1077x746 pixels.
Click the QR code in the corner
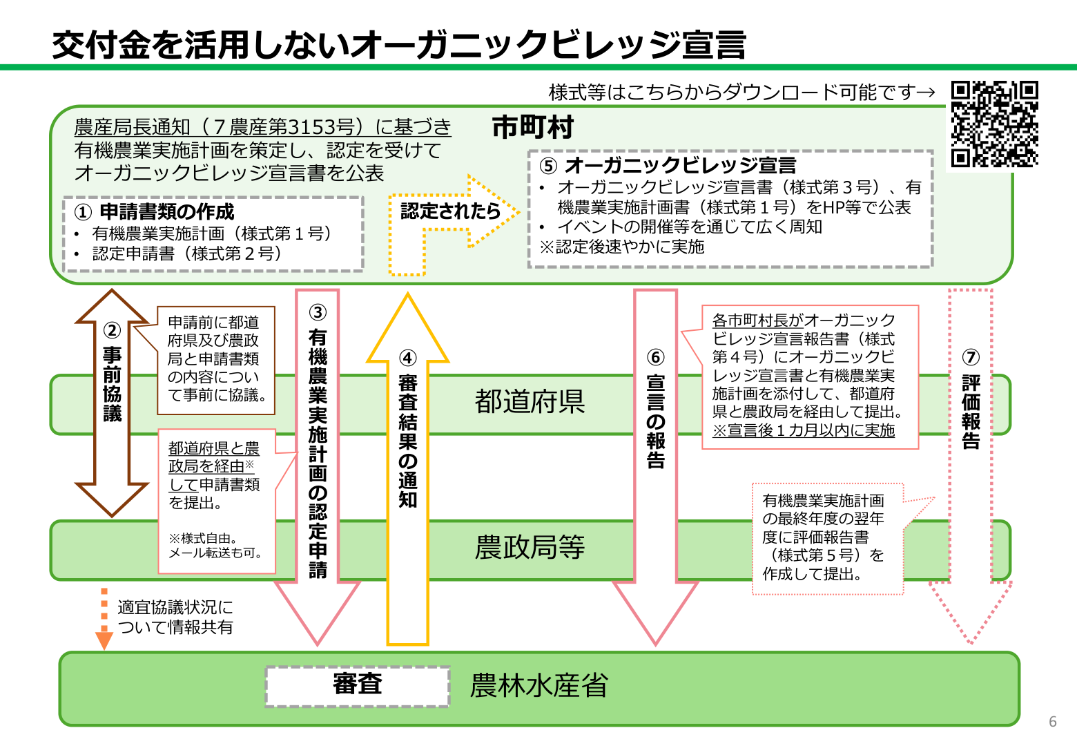click(x=994, y=124)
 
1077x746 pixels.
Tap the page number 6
click(x=1052, y=721)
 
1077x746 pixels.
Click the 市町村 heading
click(x=532, y=128)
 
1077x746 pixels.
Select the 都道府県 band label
click(x=530, y=401)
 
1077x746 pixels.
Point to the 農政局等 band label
click(x=530, y=547)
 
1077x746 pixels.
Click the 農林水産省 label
click(x=538, y=686)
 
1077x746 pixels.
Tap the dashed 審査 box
click(x=358, y=685)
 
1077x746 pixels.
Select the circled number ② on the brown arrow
click(x=112, y=331)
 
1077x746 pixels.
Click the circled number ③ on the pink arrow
click(x=318, y=313)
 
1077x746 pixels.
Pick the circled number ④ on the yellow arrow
click(x=408, y=358)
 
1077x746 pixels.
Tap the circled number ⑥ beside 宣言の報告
click(x=655, y=357)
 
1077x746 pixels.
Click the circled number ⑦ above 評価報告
click(x=971, y=357)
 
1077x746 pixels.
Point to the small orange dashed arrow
click(x=104, y=618)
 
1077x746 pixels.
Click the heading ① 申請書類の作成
click(x=155, y=212)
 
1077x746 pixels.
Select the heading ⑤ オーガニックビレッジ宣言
click(x=668, y=166)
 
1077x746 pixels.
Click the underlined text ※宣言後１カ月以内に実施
click(x=804, y=430)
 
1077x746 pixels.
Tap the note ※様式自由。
click(x=203, y=538)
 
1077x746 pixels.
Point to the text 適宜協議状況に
click(x=175, y=607)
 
